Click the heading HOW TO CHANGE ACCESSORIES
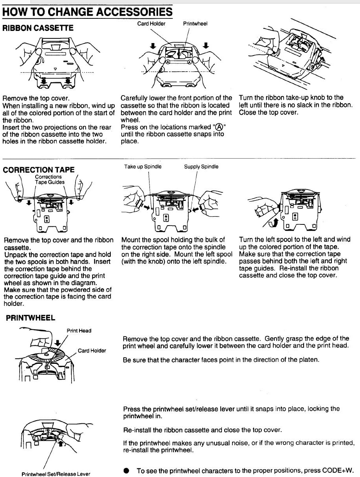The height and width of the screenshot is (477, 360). point(87,12)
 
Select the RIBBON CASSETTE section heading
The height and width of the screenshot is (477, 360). point(38,28)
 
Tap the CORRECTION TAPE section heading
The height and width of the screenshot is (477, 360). point(38,170)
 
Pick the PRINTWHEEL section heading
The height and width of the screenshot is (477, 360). point(31,318)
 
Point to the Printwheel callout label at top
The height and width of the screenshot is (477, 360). point(195,23)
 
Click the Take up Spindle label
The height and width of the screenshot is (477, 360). point(142,166)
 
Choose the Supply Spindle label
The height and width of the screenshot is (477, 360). point(201,166)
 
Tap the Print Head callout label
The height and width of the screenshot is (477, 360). point(79,331)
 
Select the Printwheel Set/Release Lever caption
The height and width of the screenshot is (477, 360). point(56,474)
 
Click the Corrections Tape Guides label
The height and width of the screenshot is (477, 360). point(50,179)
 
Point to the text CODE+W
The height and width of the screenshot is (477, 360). point(338,471)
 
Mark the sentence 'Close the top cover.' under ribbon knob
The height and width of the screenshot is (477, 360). point(268,112)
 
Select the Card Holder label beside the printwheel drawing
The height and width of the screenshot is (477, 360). point(92,351)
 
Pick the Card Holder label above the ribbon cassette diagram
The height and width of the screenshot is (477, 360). point(151,23)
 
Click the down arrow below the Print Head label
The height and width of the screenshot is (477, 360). point(58,343)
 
